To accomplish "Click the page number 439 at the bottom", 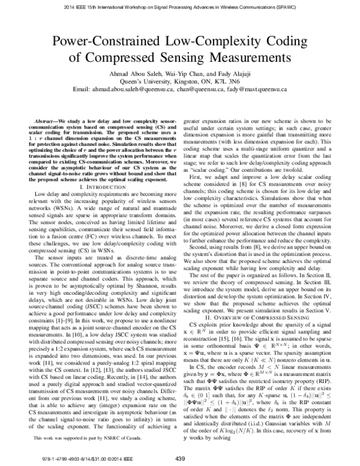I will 179,458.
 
